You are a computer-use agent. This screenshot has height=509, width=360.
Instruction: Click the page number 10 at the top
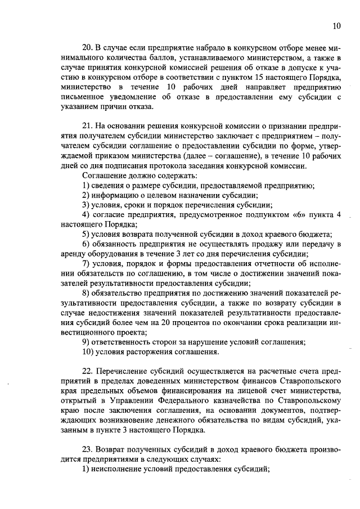[x=336, y=25]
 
